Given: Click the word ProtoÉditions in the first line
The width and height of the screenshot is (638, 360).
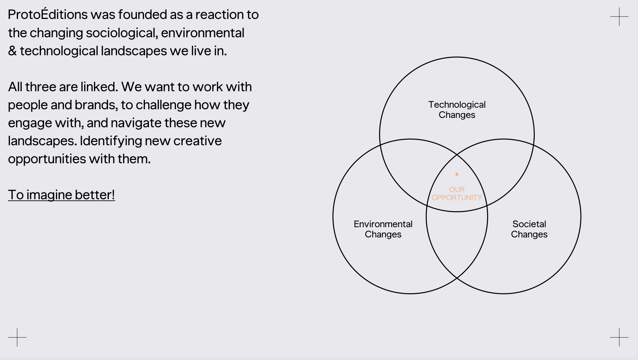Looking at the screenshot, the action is [48, 15].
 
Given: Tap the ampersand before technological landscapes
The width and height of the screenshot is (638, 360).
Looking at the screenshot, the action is [12, 51].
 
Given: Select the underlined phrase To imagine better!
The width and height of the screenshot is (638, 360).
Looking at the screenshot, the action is [61, 195].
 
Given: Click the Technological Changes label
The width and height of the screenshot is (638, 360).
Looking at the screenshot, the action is [457, 110].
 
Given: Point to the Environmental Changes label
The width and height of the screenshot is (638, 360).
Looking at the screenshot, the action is [383, 229].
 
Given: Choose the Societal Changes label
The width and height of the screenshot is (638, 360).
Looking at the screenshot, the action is [529, 229].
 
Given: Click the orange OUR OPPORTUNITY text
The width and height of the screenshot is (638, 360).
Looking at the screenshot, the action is [457, 194].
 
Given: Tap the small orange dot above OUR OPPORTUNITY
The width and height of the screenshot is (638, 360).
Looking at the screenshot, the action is [457, 174].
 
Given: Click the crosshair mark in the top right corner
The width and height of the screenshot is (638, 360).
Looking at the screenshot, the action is [619, 16].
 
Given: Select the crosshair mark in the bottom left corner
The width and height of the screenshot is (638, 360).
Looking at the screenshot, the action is [17, 337].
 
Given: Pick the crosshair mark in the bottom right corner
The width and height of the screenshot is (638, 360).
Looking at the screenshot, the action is [619, 337].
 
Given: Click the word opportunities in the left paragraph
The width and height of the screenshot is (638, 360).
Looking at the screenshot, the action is [47, 159].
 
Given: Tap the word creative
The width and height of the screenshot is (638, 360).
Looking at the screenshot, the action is [197, 141].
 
